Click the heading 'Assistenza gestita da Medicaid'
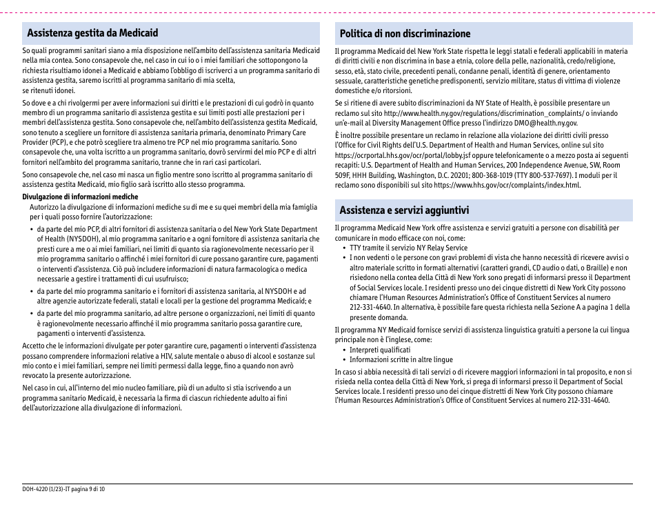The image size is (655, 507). pyautogui.click(x=92, y=33)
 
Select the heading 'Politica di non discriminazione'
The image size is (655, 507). pyautogui.click(x=405, y=33)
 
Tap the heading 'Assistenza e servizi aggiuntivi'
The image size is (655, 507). pyautogui.click(x=404, y=210)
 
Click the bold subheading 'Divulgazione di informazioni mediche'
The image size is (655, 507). pyautogui.click(x=80, y=197)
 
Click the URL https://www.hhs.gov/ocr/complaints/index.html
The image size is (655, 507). pyautogui.click(x=507, y=185)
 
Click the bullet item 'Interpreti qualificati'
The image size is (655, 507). pyautogui.click(x=379, y=350)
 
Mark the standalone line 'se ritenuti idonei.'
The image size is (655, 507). pyautogui.click(x=49, y=90)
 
